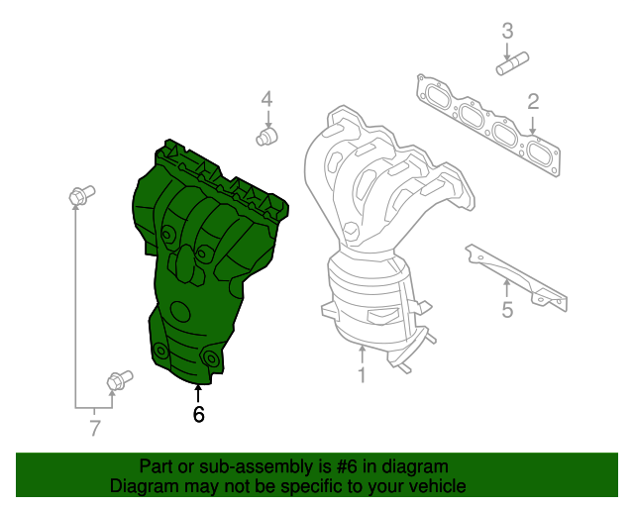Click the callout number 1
pos(362,375)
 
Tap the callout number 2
pos(533,101)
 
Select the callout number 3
pos(507,31)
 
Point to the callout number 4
pos(265,98)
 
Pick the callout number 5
pos(507,311)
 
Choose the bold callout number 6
pos(198,415)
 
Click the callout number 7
pos(95,429)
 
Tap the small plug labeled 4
pos(265,136)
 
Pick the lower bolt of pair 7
pos(117,379)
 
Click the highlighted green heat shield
pos(198,257)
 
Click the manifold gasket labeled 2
pos(485,124)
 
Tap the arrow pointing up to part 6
pos(198,392)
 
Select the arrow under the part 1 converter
pos(362,354)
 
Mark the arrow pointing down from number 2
pos(533,125)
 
